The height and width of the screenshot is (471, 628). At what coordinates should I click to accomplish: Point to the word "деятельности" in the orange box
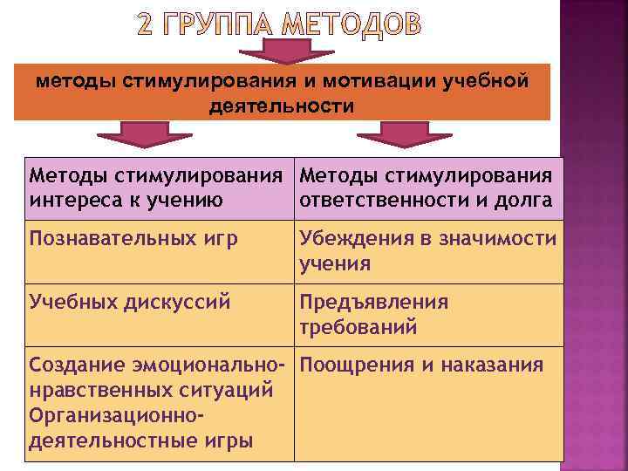[x=283, y=106]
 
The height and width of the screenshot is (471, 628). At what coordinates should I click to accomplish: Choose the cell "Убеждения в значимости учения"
[x=428, y=250]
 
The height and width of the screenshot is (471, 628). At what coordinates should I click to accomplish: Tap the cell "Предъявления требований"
[x=428, y=314]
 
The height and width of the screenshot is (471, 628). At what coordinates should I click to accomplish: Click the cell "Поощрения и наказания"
[x=428, y=365]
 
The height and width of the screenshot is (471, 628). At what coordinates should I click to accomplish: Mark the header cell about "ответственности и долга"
[x=428, y=188]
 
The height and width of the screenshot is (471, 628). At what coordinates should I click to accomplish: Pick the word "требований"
[x=358, y=327]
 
